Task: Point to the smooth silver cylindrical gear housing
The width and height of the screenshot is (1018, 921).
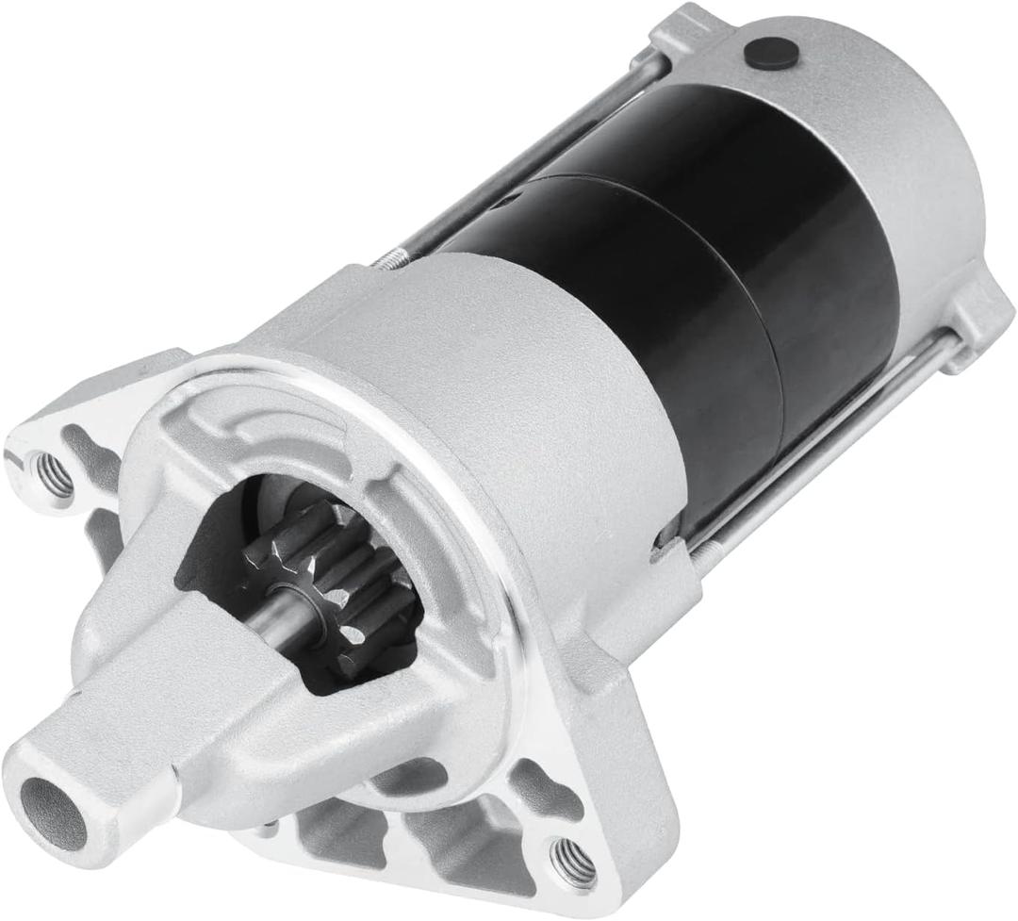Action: (528, 377)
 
